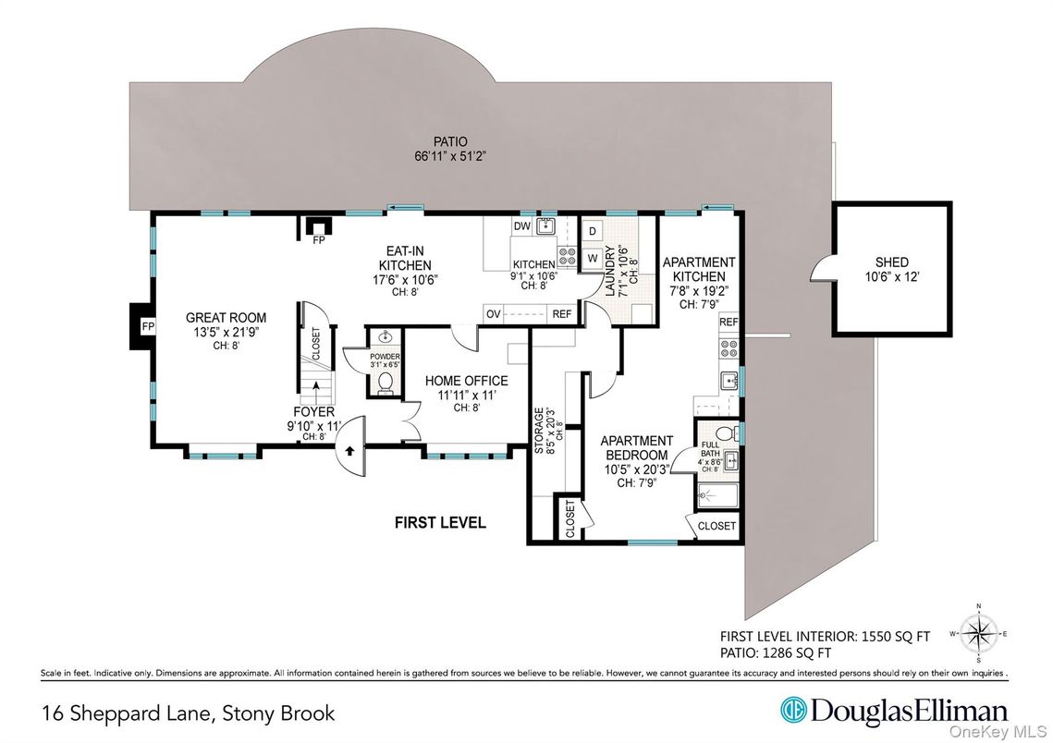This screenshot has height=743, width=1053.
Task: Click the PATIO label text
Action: (x=450, y=142)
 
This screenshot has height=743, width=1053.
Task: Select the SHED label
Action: (x=892, y=262)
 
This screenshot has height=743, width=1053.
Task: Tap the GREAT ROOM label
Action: (x=226, y=318)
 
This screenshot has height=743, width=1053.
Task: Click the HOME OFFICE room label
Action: (x=466, y=380)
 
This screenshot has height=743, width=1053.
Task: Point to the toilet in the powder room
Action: (x=386, y=381)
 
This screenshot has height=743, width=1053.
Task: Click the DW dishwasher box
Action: (x=520, y=225)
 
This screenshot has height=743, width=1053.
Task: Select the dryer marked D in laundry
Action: (x=593, y=228)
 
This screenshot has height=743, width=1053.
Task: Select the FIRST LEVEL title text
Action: (x=440, y=522)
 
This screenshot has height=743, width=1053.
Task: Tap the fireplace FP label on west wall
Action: (x=147, y=327)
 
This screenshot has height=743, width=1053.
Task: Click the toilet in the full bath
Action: (x=726, y=433)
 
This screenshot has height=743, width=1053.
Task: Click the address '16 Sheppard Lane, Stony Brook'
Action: (x=188, y=713)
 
